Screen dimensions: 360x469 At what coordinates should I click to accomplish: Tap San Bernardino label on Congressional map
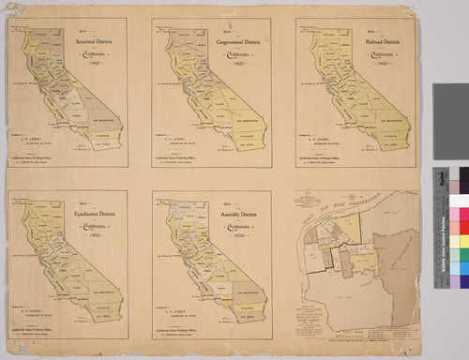(246, 120)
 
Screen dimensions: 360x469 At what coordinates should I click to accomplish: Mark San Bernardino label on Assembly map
(246, 292)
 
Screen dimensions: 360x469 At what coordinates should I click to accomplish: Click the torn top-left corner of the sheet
(7, 7)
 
